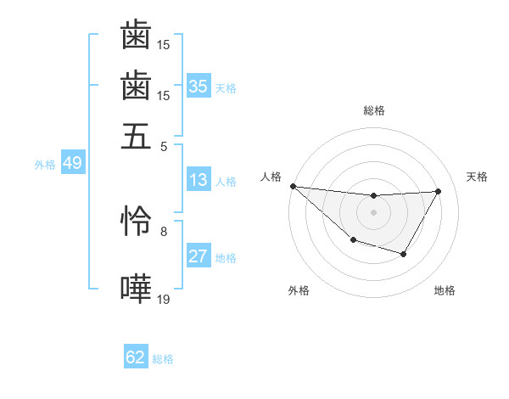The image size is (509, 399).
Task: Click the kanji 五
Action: tap(136, 136)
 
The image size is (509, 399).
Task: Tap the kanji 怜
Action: tap(136, 220)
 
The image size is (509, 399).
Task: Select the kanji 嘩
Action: tap(136, 289)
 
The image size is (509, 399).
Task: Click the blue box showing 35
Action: tap(199, 87)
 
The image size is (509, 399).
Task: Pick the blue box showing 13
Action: tap(199, 180)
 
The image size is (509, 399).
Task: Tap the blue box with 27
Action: tap(199, 256)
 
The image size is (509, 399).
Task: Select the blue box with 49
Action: tap(72, 163)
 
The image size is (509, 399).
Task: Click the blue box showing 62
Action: tap(136, 357)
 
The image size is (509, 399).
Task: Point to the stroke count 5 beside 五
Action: tap(164, 146)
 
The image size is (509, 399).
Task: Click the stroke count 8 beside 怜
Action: tap(164, 230)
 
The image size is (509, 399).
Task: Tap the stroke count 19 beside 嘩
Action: tap(164, 299)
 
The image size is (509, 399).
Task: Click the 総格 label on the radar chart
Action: tap(374, 110)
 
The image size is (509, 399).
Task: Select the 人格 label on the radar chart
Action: tap(271, 177)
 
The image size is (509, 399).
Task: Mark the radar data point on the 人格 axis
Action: tap(293, 186)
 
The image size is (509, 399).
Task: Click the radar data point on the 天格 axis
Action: tap(439, 191)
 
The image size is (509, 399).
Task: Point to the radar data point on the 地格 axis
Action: tap(404, 254)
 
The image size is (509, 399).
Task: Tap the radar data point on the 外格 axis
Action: tap(353, 241)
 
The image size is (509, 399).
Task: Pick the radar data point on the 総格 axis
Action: tap(374, 196)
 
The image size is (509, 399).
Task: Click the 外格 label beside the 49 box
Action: tap(44, 165)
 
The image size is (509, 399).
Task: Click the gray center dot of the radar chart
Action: tap(374, 211)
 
